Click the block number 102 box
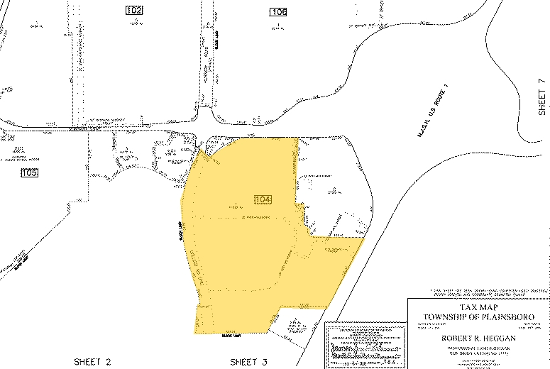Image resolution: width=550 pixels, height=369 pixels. (x=134, y=10)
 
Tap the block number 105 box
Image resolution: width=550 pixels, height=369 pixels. (x=29, y=172)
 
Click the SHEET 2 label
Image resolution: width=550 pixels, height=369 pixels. (x=94, y=361)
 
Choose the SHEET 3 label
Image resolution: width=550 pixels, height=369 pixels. (x=248, y=361)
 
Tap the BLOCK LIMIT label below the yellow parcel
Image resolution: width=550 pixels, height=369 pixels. (x=231, y=336)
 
